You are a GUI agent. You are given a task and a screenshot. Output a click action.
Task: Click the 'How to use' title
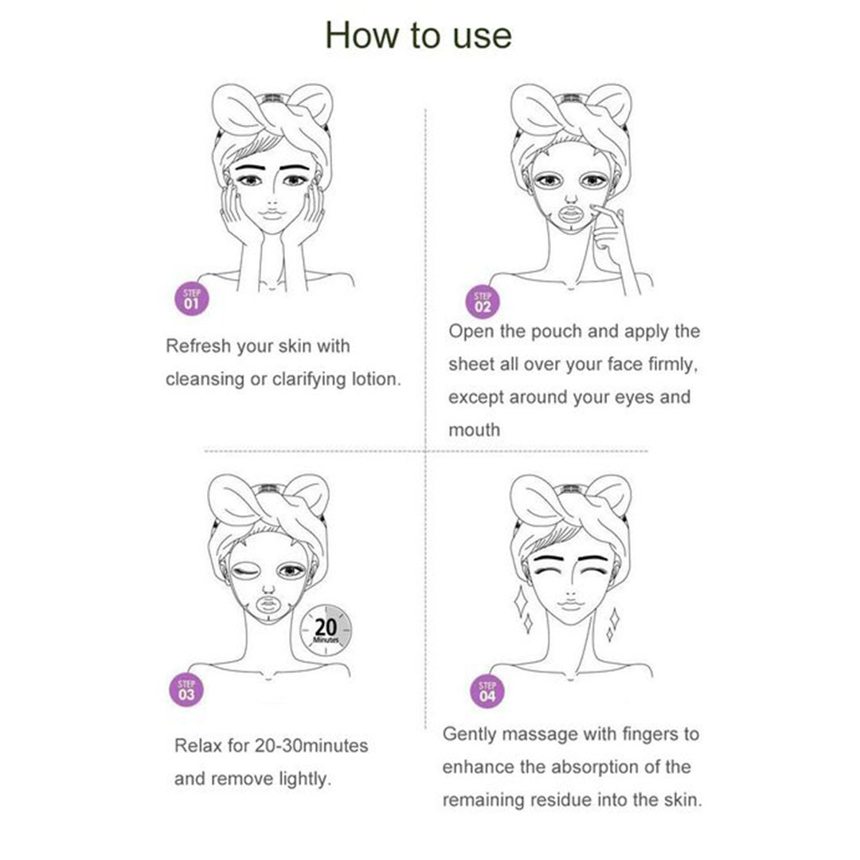[419, 36]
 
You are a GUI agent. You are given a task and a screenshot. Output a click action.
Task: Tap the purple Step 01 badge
[191, 299]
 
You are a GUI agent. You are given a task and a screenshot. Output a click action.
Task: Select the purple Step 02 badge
[483, 303]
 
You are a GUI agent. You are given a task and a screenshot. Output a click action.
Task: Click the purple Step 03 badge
[186, 690]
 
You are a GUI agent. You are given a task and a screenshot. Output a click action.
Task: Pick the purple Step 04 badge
[487, 692]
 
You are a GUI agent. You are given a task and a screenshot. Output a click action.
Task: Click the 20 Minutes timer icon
[326, 630]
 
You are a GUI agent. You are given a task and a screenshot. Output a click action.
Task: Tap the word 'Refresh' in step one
[198, 346]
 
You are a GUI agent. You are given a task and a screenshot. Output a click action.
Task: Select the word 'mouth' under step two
[475, 430]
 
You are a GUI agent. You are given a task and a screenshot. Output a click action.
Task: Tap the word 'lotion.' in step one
[376, 379]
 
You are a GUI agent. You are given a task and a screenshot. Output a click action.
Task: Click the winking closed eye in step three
[246, 572]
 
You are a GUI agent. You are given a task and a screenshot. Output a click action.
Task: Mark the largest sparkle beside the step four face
[520, 602]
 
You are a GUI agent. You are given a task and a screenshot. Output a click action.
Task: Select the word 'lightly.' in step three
[305, 780]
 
